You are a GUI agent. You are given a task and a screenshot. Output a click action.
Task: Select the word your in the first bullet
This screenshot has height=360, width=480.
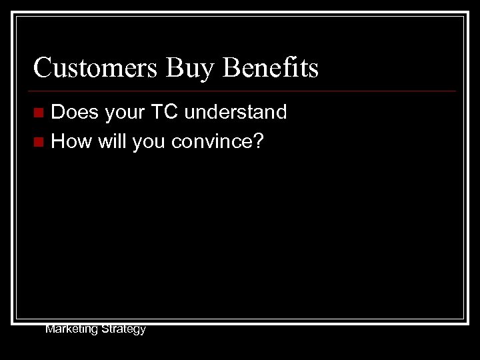(125, 112)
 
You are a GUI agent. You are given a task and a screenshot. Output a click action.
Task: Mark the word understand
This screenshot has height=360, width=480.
(235, 112)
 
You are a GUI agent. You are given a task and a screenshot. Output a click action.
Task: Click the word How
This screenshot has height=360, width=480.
(71, 141)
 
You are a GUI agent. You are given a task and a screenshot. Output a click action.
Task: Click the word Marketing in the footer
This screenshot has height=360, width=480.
(71, 329)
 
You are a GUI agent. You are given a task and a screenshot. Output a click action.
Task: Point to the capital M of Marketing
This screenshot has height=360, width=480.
(49, 329)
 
